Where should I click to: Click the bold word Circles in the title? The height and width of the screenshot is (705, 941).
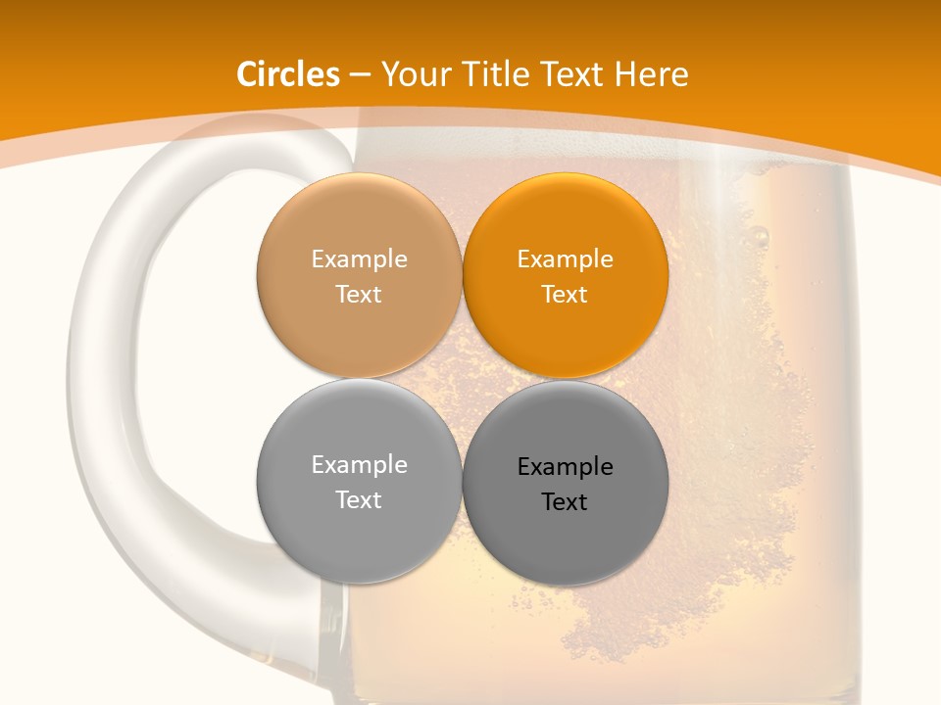tap(288, 74)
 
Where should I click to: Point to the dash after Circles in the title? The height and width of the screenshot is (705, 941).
tap(360, 74)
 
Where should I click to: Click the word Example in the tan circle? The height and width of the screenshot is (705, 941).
tap(359, 259)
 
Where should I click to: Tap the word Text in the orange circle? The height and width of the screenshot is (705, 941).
tap(565, 295)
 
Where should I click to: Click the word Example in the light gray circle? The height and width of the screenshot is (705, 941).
tap(359, 465)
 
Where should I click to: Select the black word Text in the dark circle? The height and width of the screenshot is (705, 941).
tap(565, 502)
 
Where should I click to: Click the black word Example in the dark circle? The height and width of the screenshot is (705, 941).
tap(565, 467)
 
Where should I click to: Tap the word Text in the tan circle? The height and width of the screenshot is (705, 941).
tap(359, 295)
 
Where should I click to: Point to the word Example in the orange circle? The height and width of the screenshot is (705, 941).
tap(565, 259)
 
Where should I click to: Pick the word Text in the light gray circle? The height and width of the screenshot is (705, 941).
tap(359, 500)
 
